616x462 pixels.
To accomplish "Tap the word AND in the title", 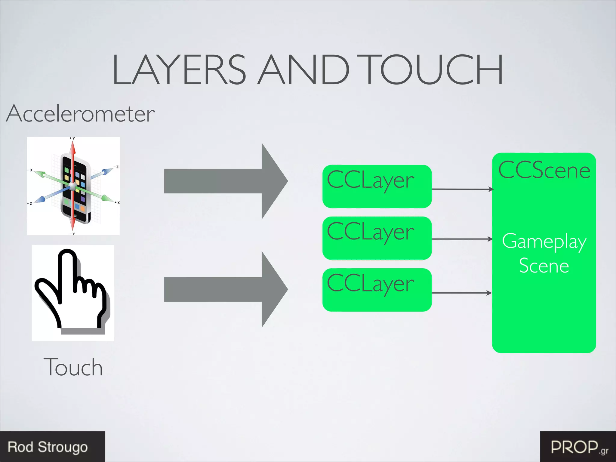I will [x=304, y=70].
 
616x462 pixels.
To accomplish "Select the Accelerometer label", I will [x=81, y=114].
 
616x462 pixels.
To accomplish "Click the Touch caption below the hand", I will [x=73, y=367].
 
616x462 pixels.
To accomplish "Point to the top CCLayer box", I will [x=377, y=186].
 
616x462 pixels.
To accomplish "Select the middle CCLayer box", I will [x=377, y=238].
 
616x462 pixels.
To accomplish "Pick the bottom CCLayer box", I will [x=377, y=290].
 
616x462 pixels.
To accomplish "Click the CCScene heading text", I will [x=544, y=170].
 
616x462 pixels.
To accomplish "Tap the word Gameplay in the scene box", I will [x=544, y=242].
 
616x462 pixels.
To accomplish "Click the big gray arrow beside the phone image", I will [x=226, y=181].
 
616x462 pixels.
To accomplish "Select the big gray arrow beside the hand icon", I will [x=226, y=289].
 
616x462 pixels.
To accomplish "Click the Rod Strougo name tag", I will [x=48, y=447].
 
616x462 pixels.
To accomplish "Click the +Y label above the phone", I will [x=72, y=138].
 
